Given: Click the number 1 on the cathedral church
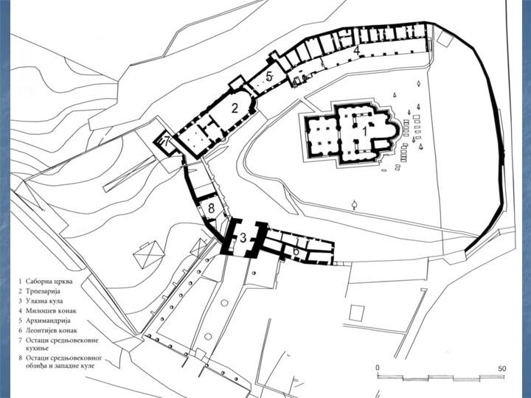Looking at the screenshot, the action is point(365,131).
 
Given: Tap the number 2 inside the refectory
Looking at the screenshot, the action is point(235,108).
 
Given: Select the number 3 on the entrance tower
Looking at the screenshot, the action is point(243,237).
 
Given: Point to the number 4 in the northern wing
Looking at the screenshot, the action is point(356,50).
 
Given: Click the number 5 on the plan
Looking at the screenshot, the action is point(270,77).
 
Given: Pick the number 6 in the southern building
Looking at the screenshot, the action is point(296,251).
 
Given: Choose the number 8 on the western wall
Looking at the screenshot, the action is point(212,208).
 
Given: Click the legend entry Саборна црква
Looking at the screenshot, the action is point(49,282).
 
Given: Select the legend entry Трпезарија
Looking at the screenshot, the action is point(43,291).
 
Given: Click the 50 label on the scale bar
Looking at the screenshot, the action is point(502,369).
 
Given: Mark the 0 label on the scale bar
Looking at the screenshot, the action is point(378,369).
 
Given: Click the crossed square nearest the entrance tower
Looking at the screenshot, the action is point(199,247).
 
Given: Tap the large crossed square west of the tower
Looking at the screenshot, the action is point(148,255).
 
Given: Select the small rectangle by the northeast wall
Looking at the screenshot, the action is point(445,38).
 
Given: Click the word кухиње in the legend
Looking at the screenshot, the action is point(38,348).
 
